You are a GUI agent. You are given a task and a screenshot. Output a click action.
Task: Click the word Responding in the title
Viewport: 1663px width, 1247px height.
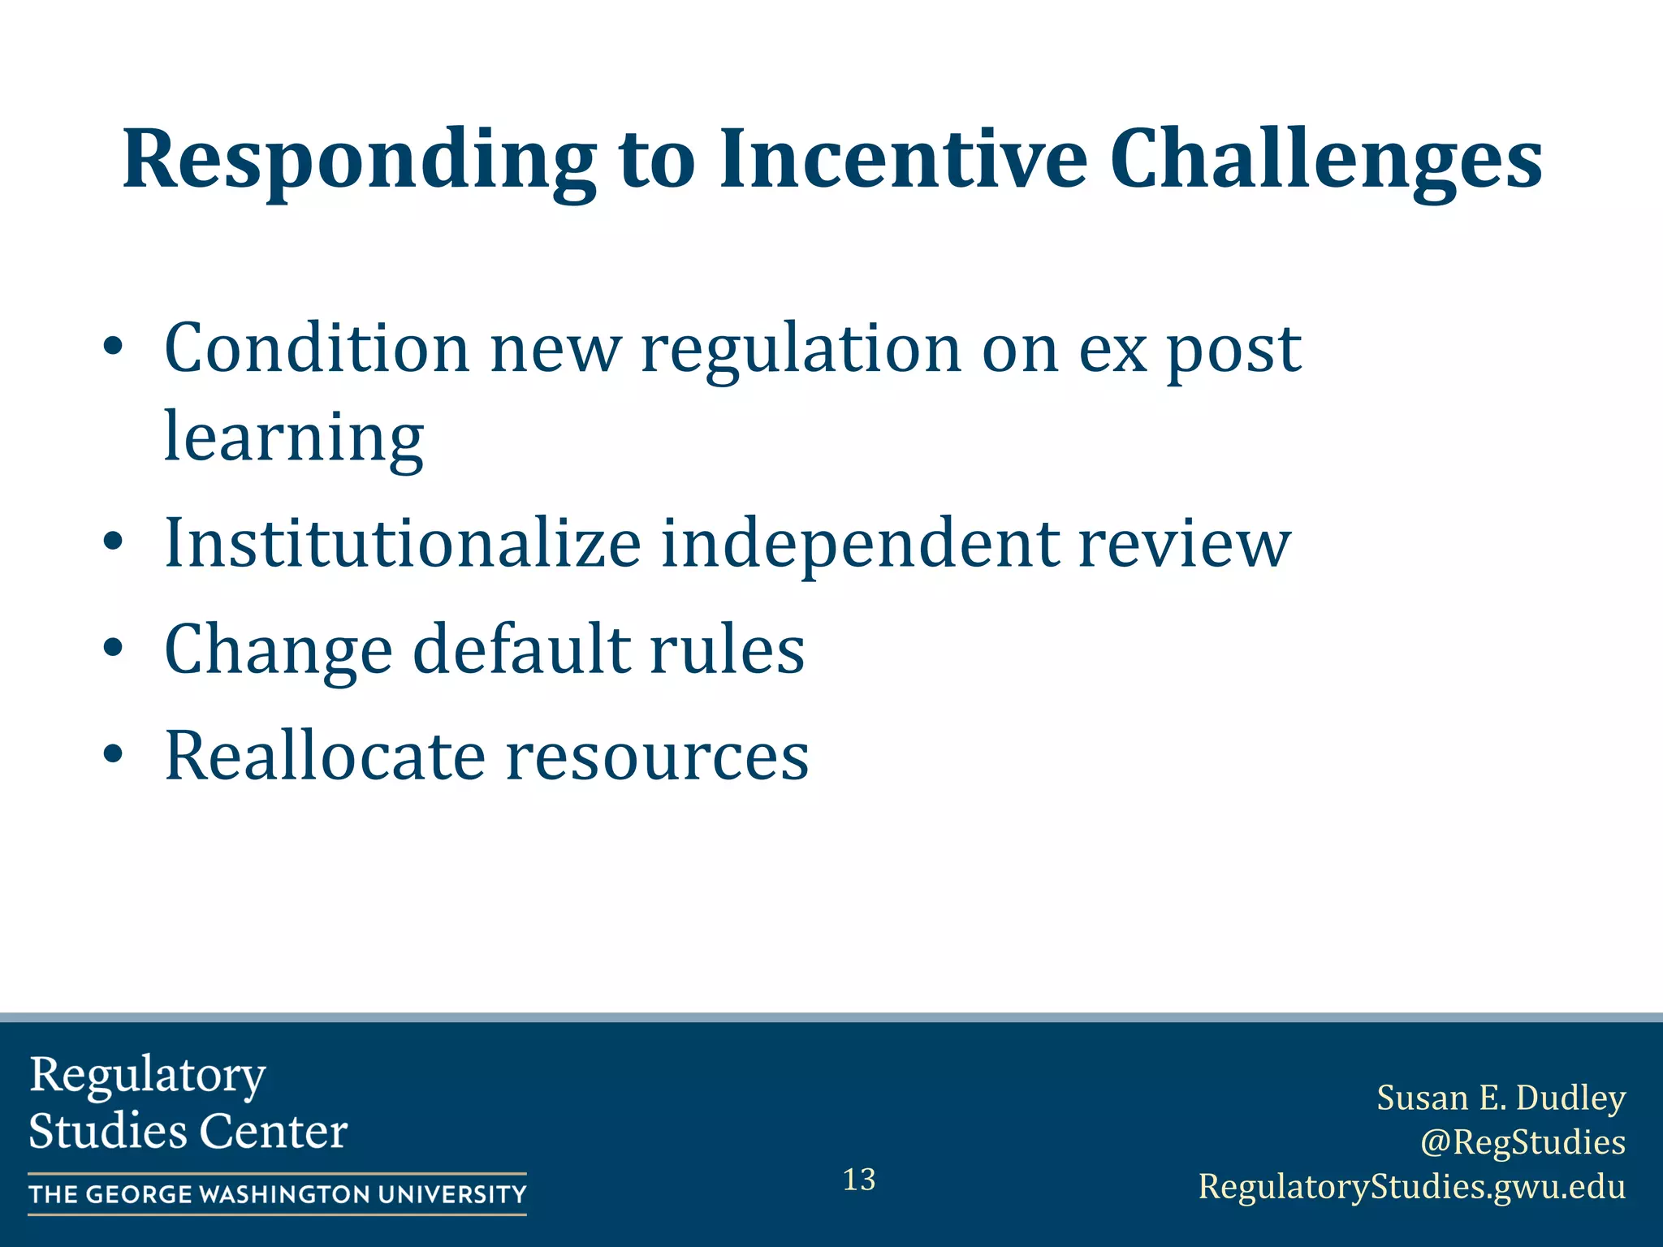click(x=358, y=160)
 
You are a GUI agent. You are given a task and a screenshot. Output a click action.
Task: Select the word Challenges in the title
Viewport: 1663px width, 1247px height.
click(x=1325, y=160)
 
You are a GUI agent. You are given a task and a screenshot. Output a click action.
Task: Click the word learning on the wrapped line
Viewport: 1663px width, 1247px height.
click(x=293, y=438)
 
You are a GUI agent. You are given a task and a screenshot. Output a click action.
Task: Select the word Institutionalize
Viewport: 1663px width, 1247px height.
click(x=403, y=543)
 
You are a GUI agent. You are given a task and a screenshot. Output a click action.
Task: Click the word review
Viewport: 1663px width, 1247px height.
click(x=1183, y=543)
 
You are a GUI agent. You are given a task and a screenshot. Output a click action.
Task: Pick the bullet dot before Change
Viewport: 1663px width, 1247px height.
click(x=113, y=649)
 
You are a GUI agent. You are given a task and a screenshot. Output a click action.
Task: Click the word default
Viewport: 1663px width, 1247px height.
click(x=520, y=649)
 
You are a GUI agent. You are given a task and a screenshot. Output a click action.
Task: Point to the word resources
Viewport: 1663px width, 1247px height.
click(x=657, y=757)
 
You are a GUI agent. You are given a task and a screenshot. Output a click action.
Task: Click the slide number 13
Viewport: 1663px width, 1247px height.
click(x=859, y=1180)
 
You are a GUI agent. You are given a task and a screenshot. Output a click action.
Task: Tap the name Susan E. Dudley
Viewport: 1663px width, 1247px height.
click(x=1501, y=1098)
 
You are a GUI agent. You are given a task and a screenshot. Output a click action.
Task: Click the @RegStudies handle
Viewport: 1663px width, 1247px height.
click(x=1523, y=1141)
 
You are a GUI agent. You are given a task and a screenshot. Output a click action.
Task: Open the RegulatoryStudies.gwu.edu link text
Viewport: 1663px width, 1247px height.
click(x=1412, y=1186)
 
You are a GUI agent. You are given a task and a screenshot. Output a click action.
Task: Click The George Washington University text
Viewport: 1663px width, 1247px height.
click(x=278, y=1194)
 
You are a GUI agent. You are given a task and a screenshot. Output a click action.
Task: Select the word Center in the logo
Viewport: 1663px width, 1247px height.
click(x=273, y=1131)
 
